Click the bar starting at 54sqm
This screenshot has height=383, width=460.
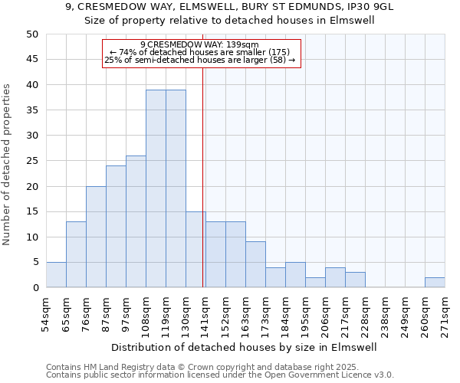(x=56, y=275)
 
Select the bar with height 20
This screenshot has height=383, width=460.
(x=96, y=237)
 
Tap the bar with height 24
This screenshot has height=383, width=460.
(x=116, y=227)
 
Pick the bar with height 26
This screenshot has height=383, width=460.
(x=136, y=221)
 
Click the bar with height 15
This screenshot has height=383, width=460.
(x=195, y=250)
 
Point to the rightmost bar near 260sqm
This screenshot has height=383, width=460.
(x=435, y=283)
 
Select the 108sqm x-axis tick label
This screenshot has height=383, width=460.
(x=146, y=314)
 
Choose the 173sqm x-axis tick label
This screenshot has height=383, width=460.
(x=266, y=314)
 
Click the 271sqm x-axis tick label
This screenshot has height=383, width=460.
(x=445, y=314)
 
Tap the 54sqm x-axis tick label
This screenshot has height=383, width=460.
(x=47, y=314)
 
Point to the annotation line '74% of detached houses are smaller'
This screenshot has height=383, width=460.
(x=201, y=52)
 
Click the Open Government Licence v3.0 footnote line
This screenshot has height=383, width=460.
(x=220, y=375)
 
